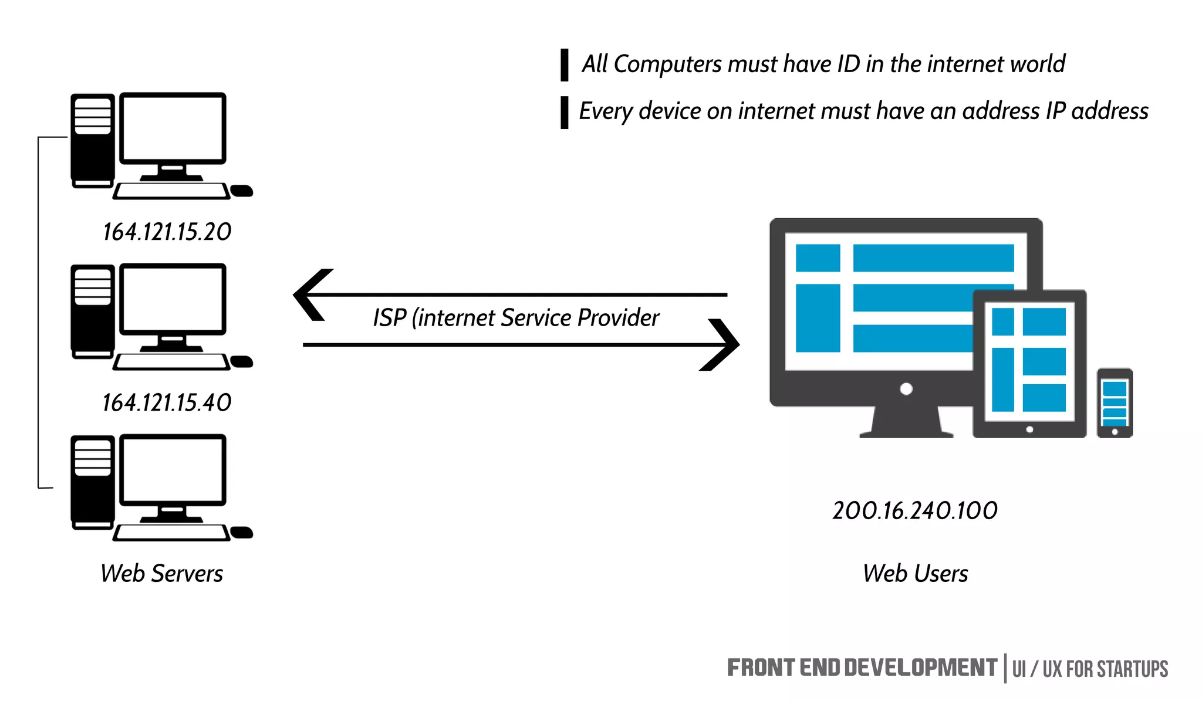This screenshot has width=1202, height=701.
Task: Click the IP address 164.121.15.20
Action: click(x=167, y=232)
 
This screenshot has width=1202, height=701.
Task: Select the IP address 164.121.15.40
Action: click(x=167, y=402)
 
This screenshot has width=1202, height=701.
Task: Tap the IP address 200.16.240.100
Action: click(x=914, y=510)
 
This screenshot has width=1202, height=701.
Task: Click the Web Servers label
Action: click(x=161, y=573)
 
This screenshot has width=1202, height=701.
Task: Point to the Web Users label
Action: click(x=915, y=573)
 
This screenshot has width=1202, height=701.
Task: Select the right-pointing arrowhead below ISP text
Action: click(x=721, y=345)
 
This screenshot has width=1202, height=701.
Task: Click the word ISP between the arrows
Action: click(x=389, y=318)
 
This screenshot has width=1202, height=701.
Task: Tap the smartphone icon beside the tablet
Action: click(x=1114, y=403)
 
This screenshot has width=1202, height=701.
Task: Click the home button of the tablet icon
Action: click(x=1029, y=429)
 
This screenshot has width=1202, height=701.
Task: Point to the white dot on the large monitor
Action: click(x=906, y=389)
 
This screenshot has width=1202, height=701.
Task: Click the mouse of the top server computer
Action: click(x=241, y=191)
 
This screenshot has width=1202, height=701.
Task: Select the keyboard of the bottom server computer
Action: click(x=171, y=532)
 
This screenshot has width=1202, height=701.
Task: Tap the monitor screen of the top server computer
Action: click(x=173, y=128)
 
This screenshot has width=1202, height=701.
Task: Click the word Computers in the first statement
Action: click(x=667, y=64)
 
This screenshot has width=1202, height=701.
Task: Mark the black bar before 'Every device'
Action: click(x=564, y=113)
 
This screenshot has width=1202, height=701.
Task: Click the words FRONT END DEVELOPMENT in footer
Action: click(x=861, y=668)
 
